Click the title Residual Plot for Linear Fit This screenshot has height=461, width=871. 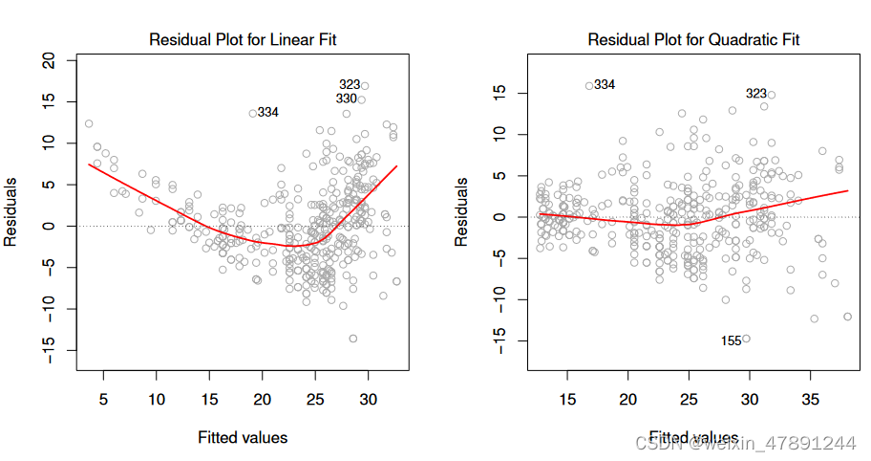pos(243,40)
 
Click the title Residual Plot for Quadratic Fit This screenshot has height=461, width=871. pos(692,40)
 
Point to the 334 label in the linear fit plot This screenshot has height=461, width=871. pos(267,112)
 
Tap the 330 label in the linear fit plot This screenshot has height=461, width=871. pos(347,99)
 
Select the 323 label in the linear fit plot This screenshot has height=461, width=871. pos(350,84)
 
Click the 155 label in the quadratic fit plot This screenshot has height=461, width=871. pos(732,340)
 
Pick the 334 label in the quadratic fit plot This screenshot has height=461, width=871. pos(604,85)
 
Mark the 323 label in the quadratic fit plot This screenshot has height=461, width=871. pos(756,94)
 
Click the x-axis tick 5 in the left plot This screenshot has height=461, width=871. pos(102,399)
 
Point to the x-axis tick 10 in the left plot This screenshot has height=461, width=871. pos(156,399)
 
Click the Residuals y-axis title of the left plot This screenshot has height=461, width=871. pos(12,211)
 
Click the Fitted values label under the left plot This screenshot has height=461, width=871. pos(243,437)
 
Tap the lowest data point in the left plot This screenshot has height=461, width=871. pos(352,339)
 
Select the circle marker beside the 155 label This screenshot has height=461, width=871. pos(747,338)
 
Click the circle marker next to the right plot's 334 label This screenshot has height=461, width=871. pos(589,85)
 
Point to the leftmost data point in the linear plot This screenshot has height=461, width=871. pos(89,123)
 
